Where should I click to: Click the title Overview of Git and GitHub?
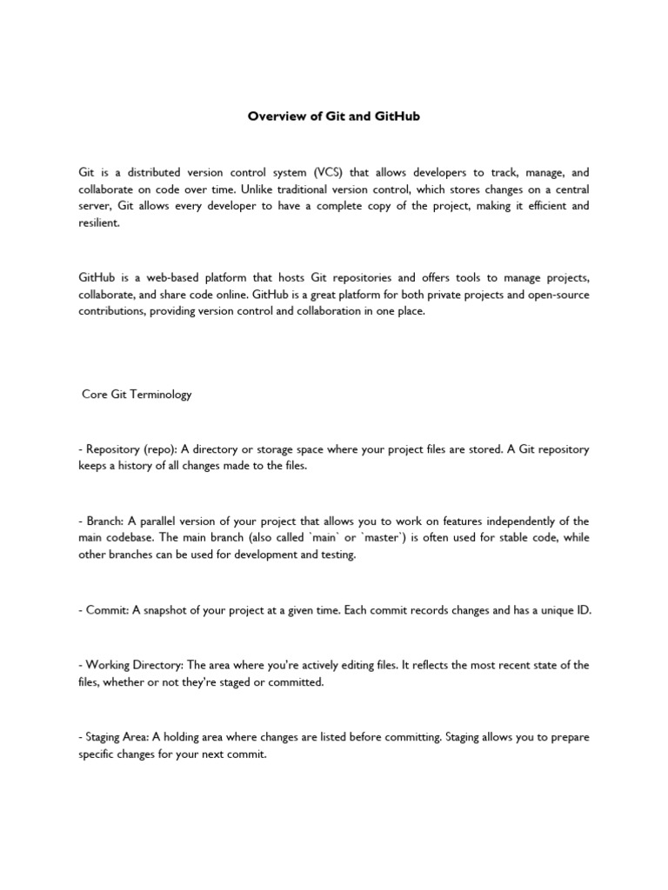(334, 116)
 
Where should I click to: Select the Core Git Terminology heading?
(137, 395)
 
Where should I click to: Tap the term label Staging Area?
(118, 738)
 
